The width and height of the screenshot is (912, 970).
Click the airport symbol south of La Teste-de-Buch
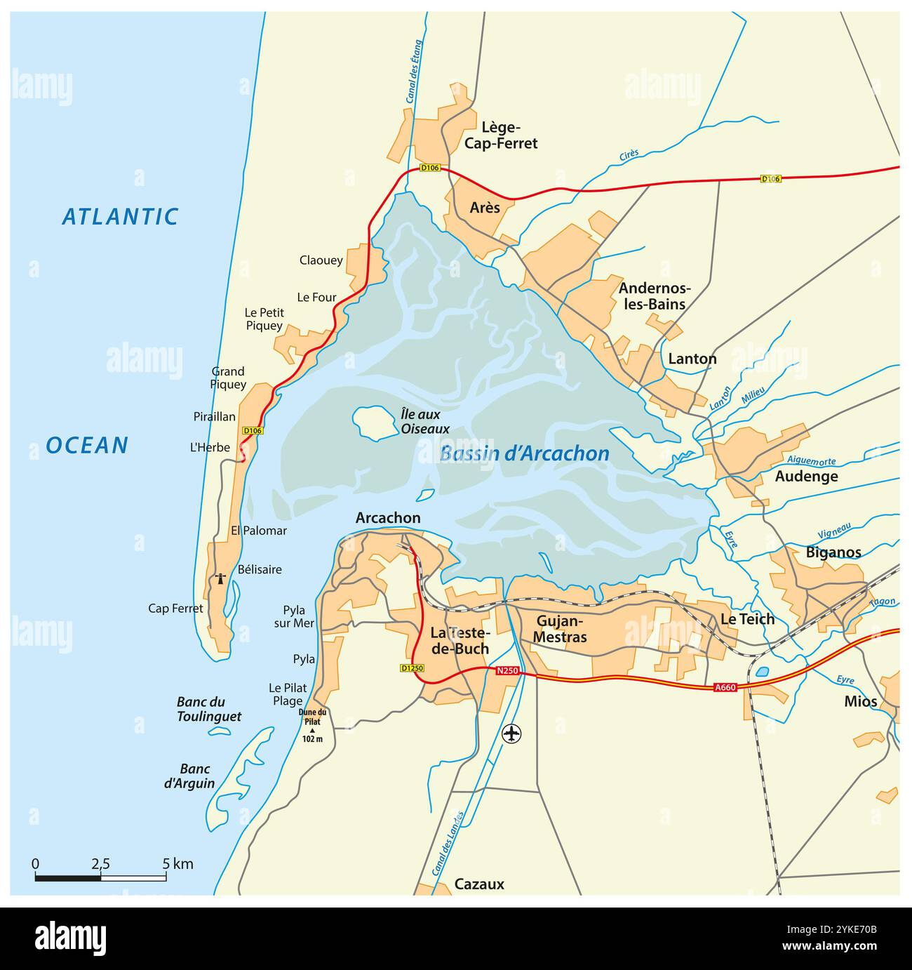[x=513, y=733]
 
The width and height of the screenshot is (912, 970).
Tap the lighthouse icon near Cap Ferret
[x=221, y=579]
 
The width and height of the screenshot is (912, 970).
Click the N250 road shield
[x=507, y=671]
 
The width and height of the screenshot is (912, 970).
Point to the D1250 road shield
[x=413, y=668]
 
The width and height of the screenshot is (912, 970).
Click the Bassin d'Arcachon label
[x=524, y=454]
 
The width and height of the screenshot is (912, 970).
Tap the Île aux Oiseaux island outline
[x=373, y=423]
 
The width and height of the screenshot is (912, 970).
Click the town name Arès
[x=485, y=208]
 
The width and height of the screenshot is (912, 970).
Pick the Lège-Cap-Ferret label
[x=509, y=135]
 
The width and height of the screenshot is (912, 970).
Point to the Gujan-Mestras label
[x=561, y=630]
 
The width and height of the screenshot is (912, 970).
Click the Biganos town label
[x=833, y=552]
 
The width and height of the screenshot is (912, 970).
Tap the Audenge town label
[x=806, y=477]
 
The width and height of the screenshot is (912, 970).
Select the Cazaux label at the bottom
[x=479, y=884]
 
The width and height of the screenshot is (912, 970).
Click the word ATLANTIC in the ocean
[x=120, y=217]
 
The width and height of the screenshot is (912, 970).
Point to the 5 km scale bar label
[x=178, y=864]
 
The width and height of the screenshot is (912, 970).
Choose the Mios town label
[x=860, y=701]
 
